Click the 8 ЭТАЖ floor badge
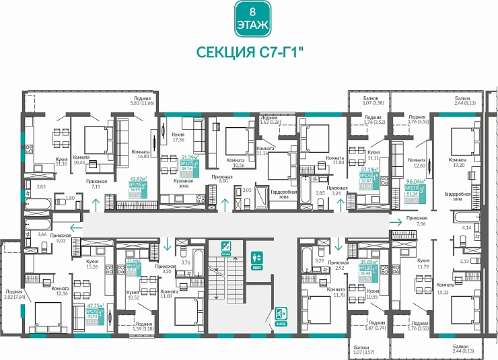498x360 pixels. (x=252, y=19)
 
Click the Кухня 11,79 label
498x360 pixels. (x=423, y=262)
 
